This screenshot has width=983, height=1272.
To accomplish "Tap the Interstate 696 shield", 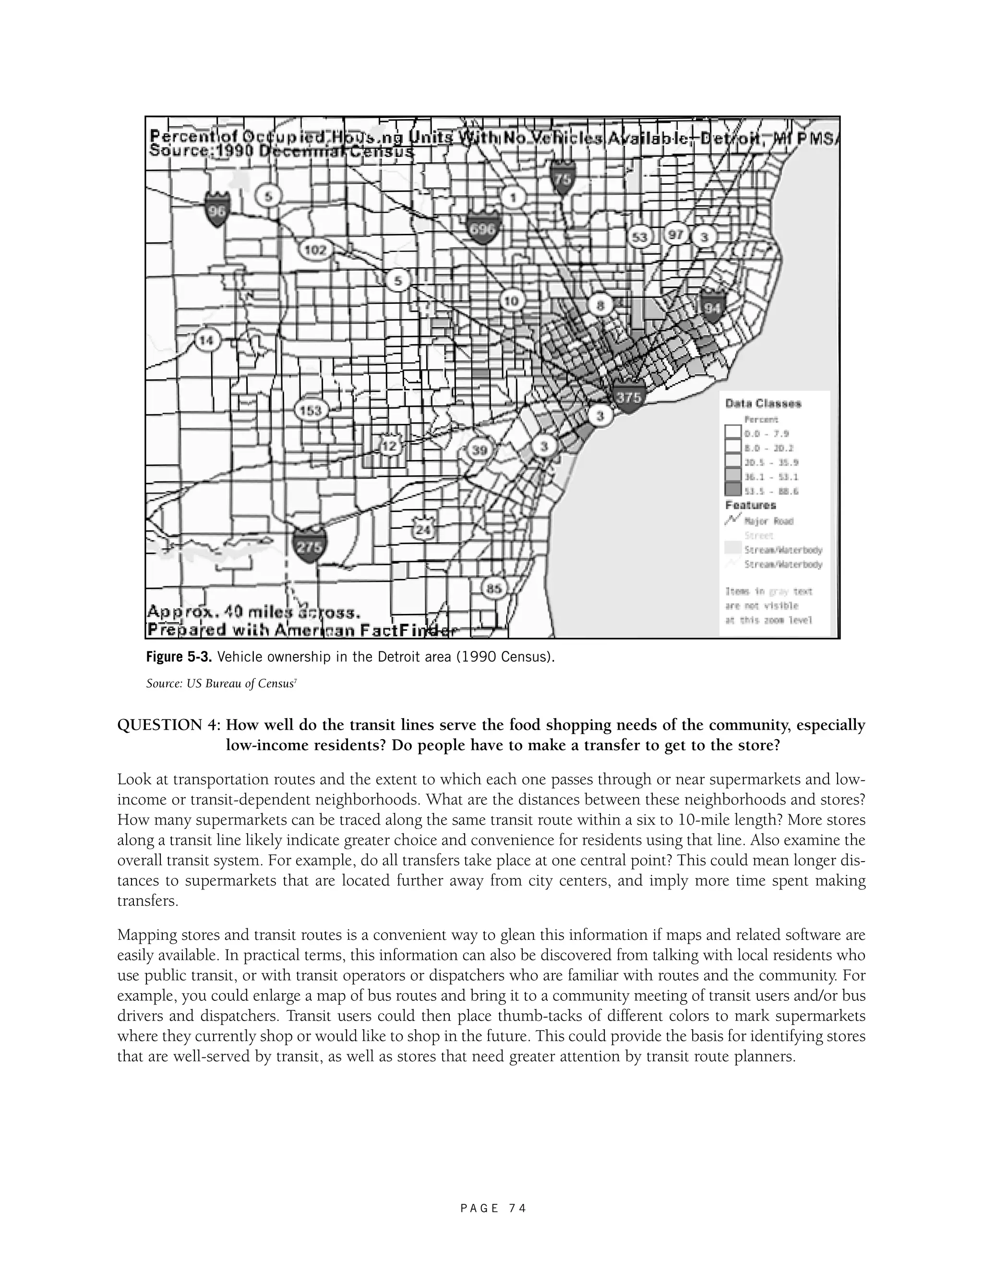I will (x=483, y=228).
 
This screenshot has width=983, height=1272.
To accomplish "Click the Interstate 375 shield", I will (x=628, y=398).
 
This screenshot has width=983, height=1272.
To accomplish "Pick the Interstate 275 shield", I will (x=309, y=546).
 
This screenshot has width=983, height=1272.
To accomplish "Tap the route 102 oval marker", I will (x=316, y=251).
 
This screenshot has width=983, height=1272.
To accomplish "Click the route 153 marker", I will (x=311, y=410).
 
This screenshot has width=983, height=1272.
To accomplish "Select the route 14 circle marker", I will (x=206, y=340).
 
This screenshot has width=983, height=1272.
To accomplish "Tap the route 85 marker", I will (x=494, y=589).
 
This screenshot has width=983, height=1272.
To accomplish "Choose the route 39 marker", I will (x=480, y=450).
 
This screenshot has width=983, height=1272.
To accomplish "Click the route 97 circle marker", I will (x=676, y=234).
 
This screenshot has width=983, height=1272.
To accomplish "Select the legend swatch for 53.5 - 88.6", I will (x=732, y=490).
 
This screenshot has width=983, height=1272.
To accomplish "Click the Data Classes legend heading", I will (x=763, y=403).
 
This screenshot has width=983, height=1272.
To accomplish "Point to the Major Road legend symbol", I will (x=732, y=519).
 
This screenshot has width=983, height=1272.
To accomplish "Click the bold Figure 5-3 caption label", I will (x=179, y=658).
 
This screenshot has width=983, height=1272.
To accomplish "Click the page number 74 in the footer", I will (x=516, y=1208).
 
